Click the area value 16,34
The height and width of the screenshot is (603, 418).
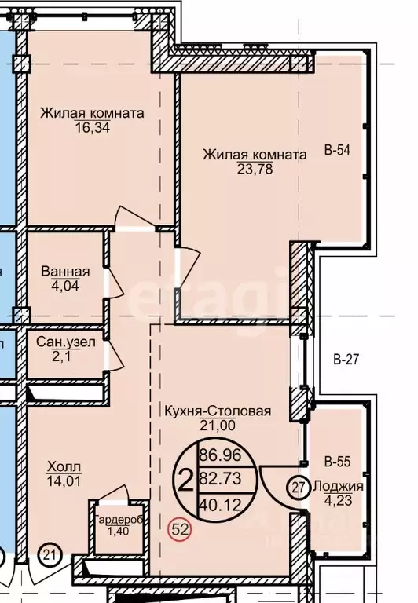point(93,127)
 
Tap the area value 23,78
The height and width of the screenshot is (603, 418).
point(255,169)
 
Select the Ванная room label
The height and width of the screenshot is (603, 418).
point(65,272)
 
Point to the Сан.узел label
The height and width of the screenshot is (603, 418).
point(65,342)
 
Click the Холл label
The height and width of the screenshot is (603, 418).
point(64,467)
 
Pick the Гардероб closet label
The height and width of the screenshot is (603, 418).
point(119,520)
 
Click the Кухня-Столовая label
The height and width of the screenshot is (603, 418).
point(218,411)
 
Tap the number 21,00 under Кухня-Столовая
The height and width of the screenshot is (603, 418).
point(218,425)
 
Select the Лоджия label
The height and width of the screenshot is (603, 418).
point(339,487)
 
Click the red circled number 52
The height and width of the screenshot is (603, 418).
point(180,530)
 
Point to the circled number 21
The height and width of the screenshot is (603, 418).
point(49,555)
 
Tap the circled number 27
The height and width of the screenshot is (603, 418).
point(299,488)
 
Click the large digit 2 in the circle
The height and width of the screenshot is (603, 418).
point(186,481)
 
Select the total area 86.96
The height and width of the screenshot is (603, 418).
point(221,455)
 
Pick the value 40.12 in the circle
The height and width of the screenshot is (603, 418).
point(221,505)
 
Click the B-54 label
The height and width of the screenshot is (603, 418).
point(338,150)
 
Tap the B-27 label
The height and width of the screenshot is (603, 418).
point(346,359)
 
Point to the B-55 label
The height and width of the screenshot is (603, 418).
point(338,461)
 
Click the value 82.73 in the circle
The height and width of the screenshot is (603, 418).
point(221,479)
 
